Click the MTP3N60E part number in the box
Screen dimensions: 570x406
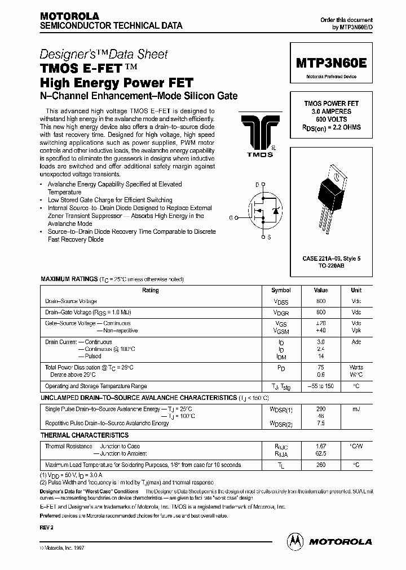click(x=331, y=64)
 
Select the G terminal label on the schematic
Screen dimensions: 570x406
click(x=231, y=216)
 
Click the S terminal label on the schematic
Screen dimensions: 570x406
click(x=269, y=237)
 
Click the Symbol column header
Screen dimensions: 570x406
click(x=281, y=290)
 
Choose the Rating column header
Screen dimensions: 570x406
click(x=150, y=290)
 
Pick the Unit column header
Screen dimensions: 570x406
click(x=356, y=290)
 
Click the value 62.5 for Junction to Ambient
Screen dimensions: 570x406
click(x=321, y=453)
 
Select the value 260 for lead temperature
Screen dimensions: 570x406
click(x=321, y=465)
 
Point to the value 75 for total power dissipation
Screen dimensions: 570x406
click(x=321, y=367)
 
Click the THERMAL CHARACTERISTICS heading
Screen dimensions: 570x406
click(x=84, y=435)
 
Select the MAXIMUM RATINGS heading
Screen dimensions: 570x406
click(x=68, y=279)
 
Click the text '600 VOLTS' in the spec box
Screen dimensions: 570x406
click(x=331, y=119)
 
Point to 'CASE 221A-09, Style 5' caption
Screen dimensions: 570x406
click(x=331, y=258)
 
